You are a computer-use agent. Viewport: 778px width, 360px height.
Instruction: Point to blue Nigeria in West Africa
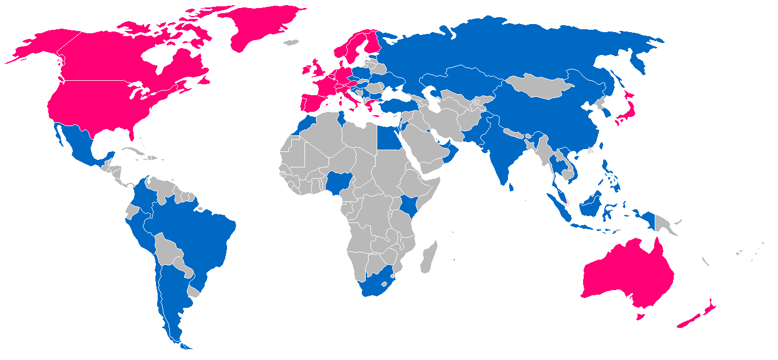pos(338,183)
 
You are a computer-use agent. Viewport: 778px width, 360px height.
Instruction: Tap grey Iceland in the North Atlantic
pos(292,42)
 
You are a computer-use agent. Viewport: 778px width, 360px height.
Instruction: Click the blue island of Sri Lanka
pos(511,186)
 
